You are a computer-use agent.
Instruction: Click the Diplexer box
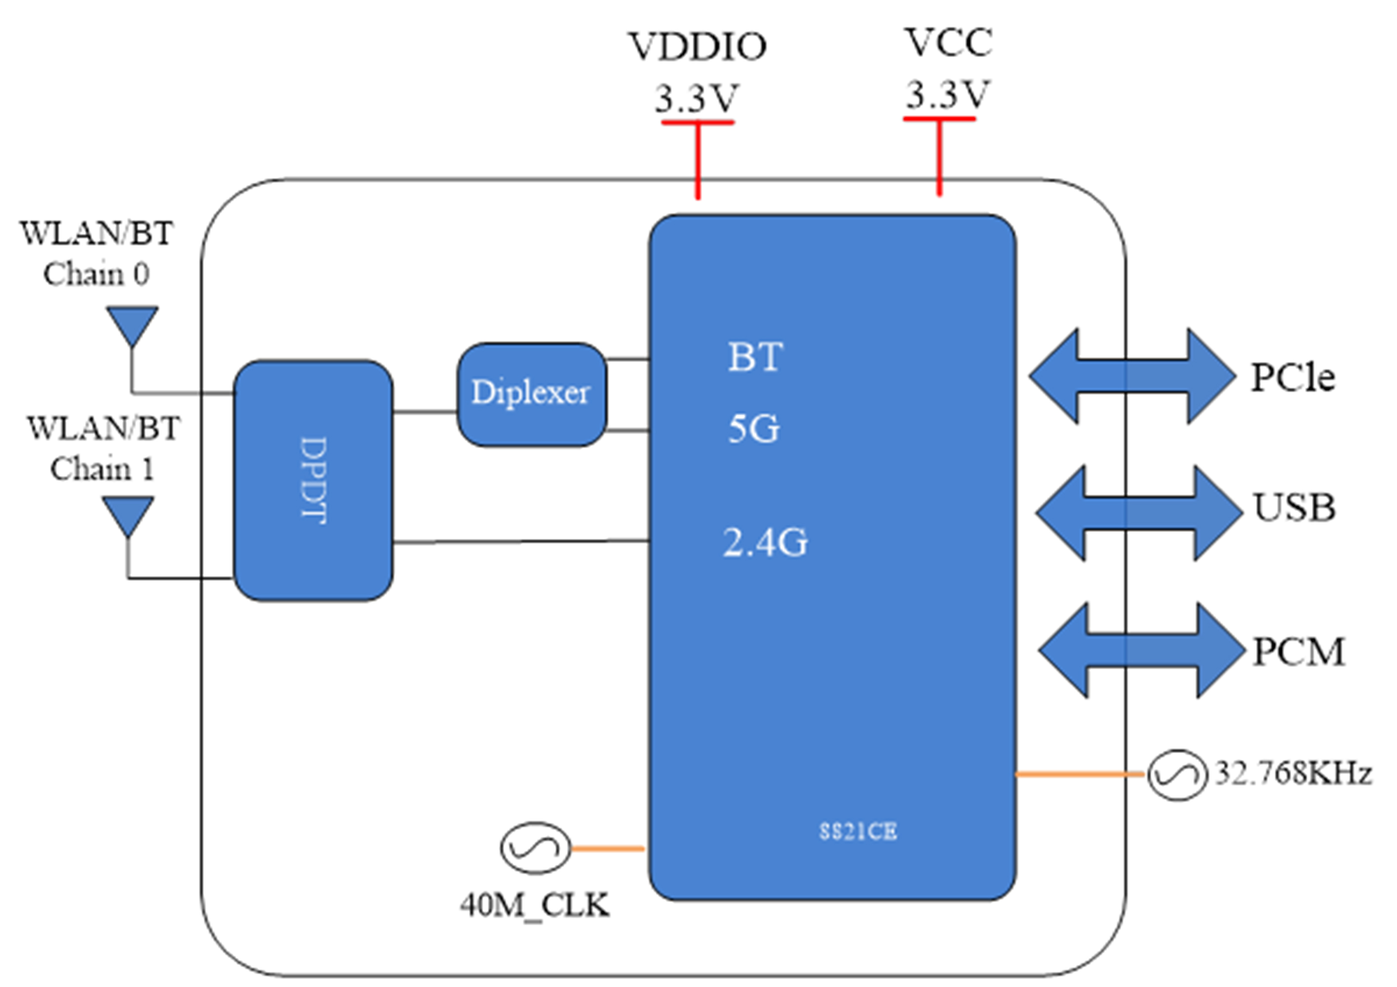click(x=532, y=395)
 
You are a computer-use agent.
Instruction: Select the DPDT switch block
click(x=313, y=481)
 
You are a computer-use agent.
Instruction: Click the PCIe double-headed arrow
click(x=1133, y=376)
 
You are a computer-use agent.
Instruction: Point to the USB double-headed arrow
click(x=1139, y=513)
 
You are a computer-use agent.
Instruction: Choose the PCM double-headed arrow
click(x=1142, y=649)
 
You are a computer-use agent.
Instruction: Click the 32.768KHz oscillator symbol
click(x=1177, y=775)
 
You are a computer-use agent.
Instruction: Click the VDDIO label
click(x=698, y=47)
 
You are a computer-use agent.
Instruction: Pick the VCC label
click(x=949, y=42)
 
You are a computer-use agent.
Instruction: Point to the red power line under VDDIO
click(x=698, y=159)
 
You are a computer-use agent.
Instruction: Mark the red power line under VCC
click(x=939, y=156)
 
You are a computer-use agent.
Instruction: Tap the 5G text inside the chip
click(x=753, y=428)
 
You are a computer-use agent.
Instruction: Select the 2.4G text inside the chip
click(x=766, y=542)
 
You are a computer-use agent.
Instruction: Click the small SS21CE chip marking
click(x=858, y=832)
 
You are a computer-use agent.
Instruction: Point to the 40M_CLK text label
click(x=535, y=906)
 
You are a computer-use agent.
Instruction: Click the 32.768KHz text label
click(x=1293, y=773)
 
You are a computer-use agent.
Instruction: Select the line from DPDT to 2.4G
click(x=521, y=541)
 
